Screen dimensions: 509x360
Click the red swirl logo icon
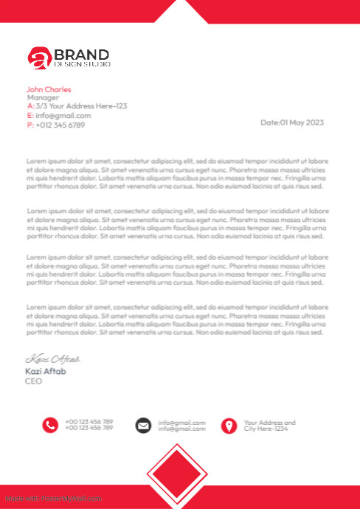point(39,58)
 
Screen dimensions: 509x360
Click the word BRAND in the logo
point(82,55)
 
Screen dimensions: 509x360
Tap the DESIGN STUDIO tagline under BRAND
point(82,65)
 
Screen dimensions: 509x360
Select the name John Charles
point(49,89)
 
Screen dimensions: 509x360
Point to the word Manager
point(43,97)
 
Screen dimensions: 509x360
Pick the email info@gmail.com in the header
point(63,116)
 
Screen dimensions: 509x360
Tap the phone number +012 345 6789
point(60,125)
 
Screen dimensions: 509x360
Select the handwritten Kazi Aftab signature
point(52,359)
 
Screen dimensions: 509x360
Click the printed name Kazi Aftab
point(46,371)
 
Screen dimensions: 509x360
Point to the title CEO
point(33,381)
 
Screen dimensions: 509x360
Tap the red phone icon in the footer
point(50,425)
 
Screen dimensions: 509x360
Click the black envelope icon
point(143,425)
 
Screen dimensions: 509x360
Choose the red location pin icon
point(229,426)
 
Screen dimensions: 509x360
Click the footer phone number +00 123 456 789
point(89,422)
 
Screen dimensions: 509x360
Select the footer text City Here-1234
point(266,429)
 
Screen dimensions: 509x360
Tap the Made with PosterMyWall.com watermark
point(53,499)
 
